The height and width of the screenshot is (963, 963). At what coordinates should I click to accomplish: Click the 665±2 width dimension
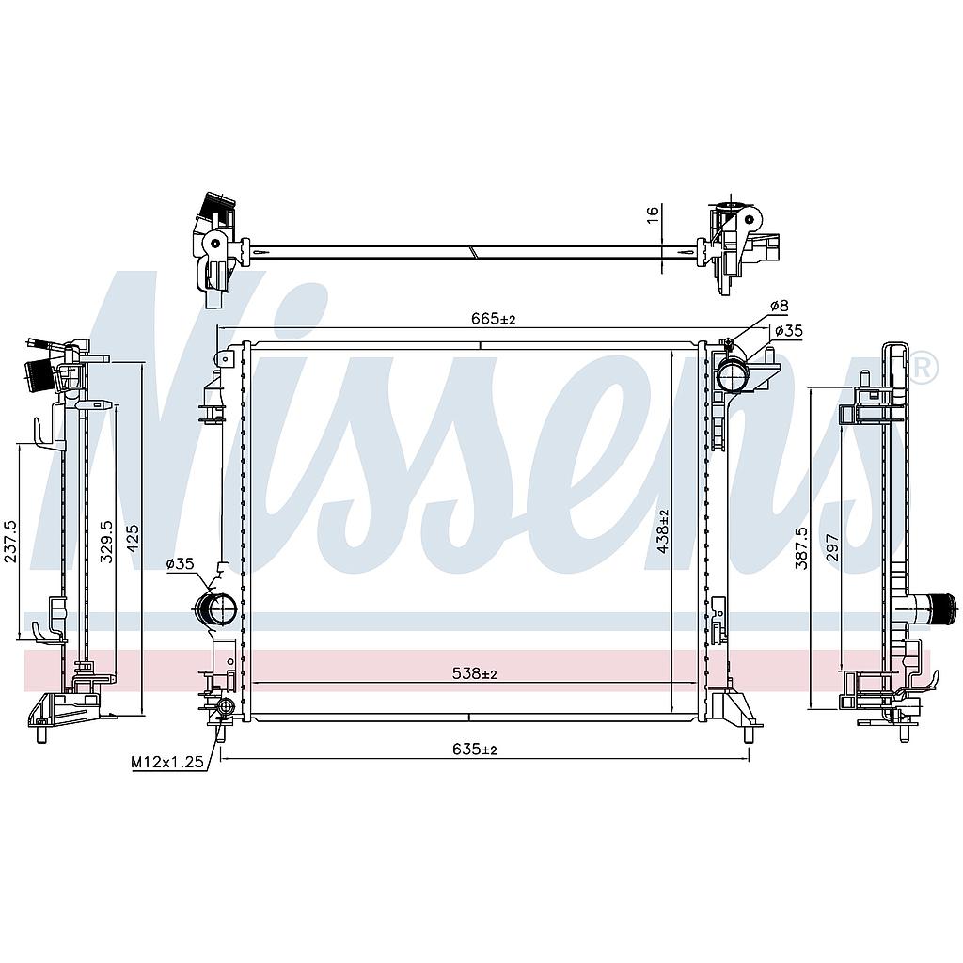[494, 319]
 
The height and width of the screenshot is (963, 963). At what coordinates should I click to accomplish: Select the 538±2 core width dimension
[474, 673]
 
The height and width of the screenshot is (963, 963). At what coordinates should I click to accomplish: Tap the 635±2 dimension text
[474, 750]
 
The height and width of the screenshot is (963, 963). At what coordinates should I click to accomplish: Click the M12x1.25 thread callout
[167, 762]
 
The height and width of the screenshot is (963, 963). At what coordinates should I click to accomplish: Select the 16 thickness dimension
[653, 212]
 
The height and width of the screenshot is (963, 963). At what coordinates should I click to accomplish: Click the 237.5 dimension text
[10, 542]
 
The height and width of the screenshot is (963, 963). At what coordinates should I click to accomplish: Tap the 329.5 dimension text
[106, 542]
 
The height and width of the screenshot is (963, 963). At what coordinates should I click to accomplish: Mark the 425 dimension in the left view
[133, 539]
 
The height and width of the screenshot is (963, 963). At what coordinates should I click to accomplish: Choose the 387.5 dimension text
[801, 548]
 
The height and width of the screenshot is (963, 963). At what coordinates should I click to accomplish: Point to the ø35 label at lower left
[180, 563]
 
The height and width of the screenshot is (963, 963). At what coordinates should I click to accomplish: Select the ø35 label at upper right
[789, 331]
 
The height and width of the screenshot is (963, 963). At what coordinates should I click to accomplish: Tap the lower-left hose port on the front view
[215, 608]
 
